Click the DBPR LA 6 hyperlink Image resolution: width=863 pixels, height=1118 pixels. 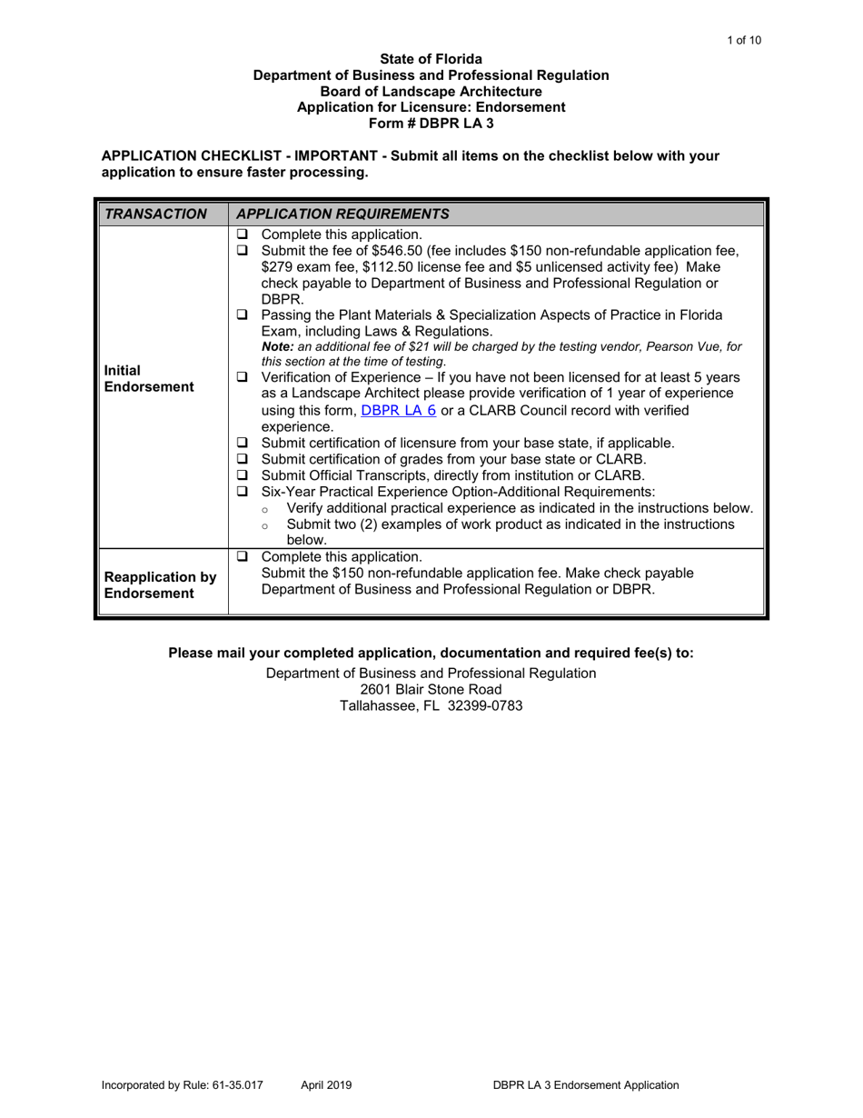coord(399,410)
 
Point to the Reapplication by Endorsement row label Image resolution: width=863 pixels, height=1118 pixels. coord(160,585)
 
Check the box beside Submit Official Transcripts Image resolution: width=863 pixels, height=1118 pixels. coord(243,475)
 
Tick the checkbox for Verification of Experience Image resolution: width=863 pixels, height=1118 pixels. coord(243,376)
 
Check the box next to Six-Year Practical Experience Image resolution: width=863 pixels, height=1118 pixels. coord(243,492)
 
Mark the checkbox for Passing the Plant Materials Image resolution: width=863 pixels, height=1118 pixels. coord(243,314)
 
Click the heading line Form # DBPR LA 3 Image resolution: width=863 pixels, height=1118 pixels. coord(431,122)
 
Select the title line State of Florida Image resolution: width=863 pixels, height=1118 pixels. coord(431,59)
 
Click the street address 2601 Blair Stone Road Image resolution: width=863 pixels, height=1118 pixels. coord(431,690)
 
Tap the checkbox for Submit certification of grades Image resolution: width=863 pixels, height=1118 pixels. coord(243,459)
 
